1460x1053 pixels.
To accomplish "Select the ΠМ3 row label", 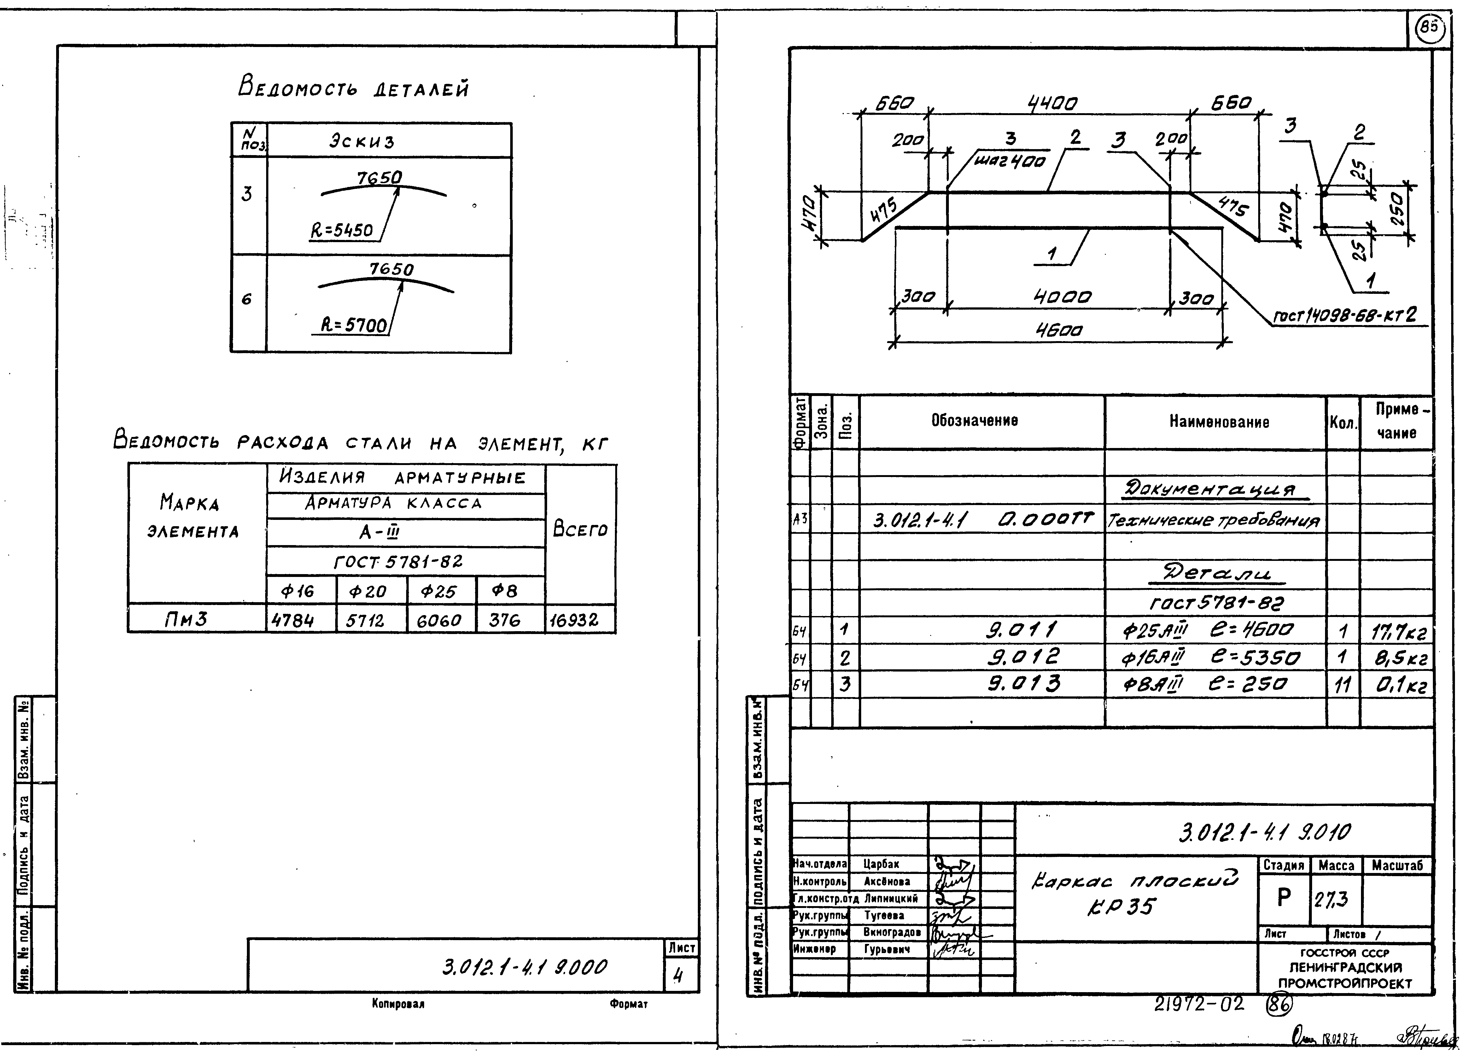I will (187, 619).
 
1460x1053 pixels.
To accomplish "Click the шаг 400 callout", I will (1009, 161).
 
